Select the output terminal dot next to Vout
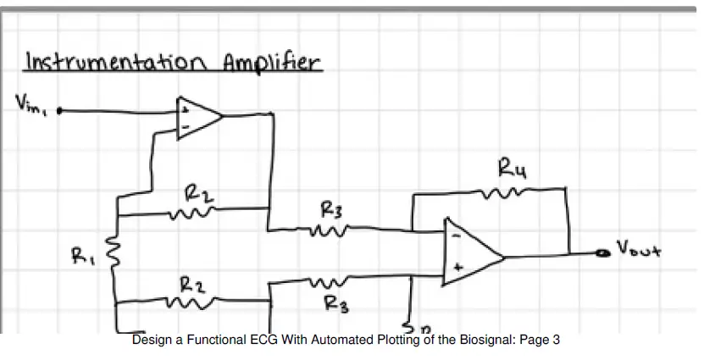[603, 253]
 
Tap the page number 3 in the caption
[557, 341]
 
